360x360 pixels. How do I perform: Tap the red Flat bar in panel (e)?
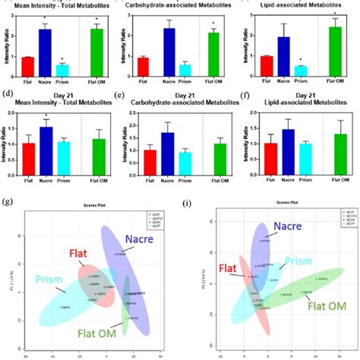[x=150, y=153]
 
